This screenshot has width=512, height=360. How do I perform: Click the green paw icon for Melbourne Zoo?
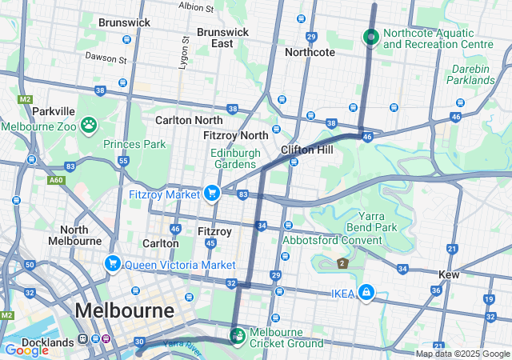coord(89,125)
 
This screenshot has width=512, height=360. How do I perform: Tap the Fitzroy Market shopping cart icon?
coord(212,192)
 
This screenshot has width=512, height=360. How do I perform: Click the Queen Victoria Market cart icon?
coord(113,263)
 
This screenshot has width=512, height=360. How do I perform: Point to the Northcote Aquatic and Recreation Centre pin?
coord(370,37)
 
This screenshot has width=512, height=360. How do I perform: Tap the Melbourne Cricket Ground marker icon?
coord(238,334)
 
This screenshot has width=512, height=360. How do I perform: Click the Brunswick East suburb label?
coord(222,38)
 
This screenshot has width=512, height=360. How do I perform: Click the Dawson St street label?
coord(106,59)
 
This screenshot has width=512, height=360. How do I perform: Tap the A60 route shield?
coord(55,181)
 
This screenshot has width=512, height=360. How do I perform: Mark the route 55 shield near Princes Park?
coord(123,161)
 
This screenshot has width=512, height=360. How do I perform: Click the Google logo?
coord(26,350)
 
